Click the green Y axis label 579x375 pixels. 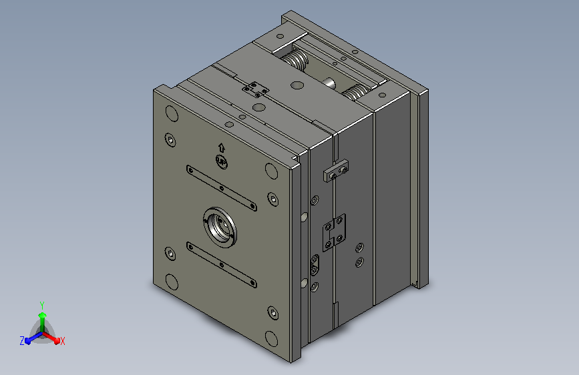[42, 305]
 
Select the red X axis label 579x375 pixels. [62, 341]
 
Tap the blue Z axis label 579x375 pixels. [22, 341]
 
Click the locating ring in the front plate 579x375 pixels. [220, 227]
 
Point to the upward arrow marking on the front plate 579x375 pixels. [222, 147]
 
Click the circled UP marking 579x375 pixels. [222, 161]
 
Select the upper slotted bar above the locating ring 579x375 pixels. [222, 188]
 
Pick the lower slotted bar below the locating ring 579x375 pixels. [222, 265]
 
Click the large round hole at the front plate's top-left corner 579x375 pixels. [172, 113]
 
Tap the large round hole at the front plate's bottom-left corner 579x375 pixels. [172, 282]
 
